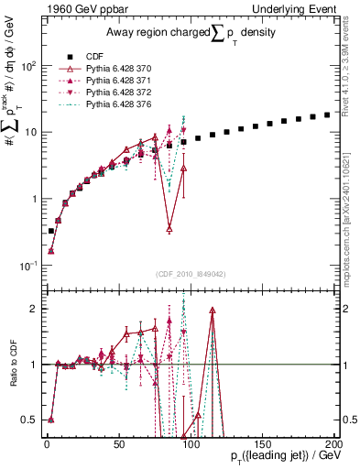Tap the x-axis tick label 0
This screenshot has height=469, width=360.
click(46, 442)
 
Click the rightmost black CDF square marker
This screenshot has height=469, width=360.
click(327, 115)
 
